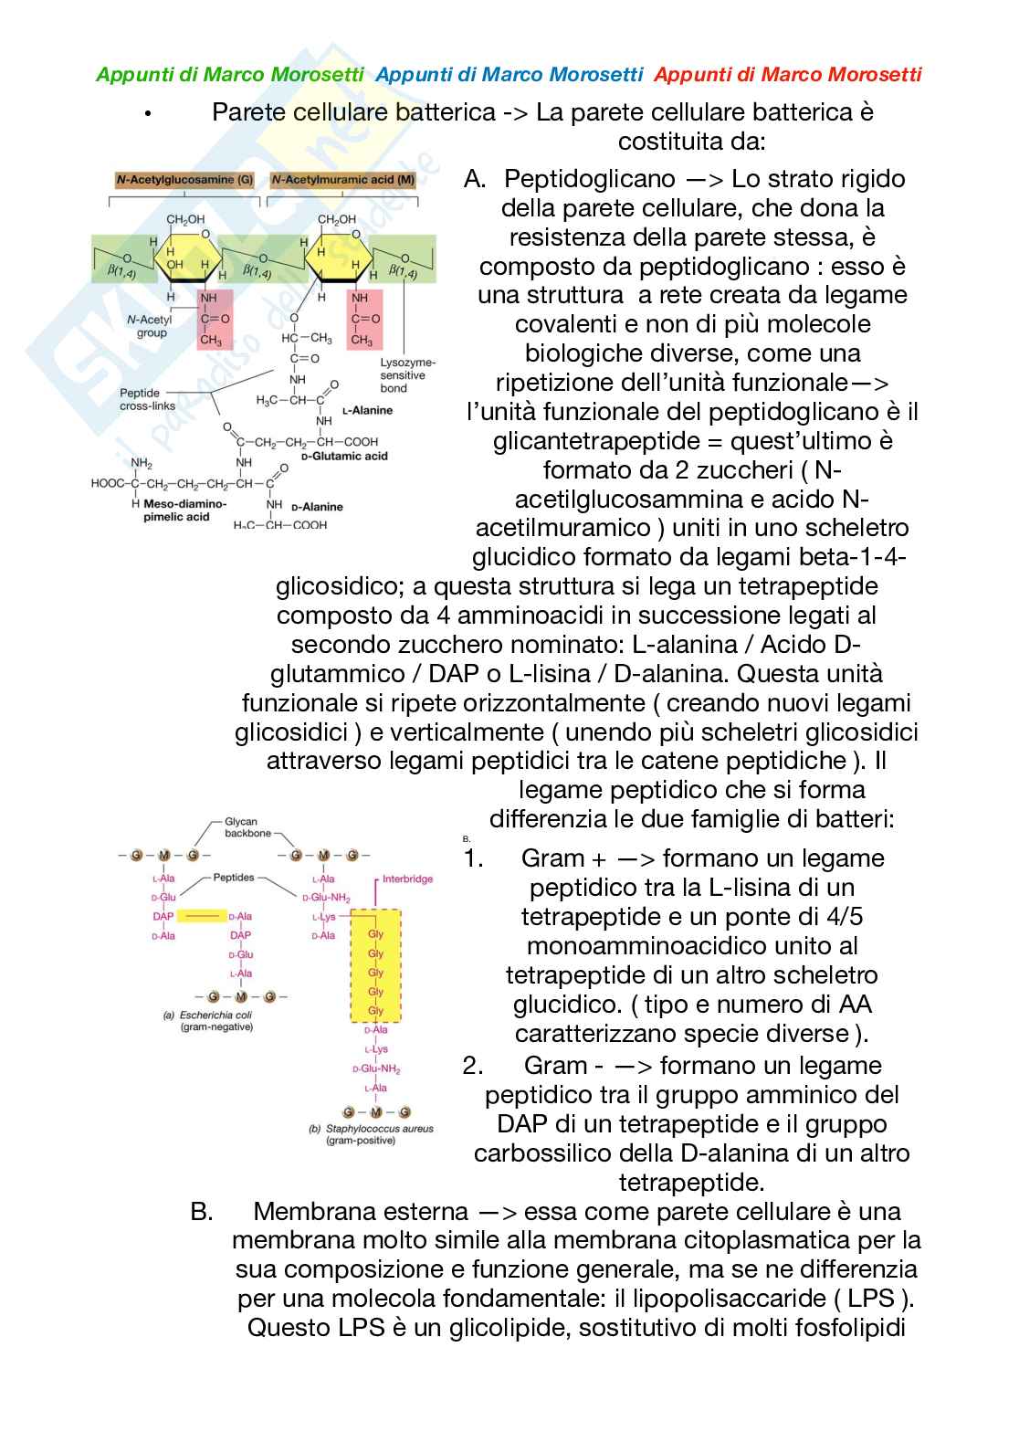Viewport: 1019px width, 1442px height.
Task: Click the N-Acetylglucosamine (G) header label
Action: (184, 180)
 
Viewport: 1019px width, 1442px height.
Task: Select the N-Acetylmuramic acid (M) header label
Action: (343, 180)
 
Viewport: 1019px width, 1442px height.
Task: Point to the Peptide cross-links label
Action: (146, 399)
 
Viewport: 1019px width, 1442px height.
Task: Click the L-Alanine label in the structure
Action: (367, 410)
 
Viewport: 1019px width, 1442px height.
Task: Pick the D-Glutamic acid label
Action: (344, 456)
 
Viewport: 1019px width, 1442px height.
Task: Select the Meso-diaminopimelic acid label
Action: (184, 510)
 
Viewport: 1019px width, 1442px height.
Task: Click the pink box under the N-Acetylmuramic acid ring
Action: (364, 319)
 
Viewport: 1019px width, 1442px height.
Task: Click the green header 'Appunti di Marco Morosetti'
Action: (229, 75)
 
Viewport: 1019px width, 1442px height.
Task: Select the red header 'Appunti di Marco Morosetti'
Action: (787, 75)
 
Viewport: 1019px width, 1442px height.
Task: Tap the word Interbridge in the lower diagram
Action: (407, 879)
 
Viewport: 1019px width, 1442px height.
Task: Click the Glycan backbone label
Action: (247, 827)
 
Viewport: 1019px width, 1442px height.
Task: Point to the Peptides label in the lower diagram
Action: (234, 878)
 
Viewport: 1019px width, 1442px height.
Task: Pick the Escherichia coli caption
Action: (207, 1020)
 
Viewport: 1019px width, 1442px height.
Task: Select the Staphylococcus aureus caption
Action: (371, 1134)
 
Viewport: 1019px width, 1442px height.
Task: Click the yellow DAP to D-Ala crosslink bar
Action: (202, 915)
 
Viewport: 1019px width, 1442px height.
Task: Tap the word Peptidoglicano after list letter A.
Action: (590, 179)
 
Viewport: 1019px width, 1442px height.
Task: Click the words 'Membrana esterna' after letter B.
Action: (361, 1212)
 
